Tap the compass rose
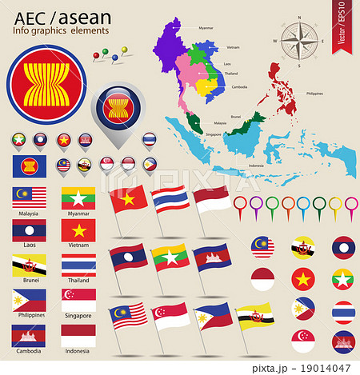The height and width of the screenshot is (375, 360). [x=296, y=38]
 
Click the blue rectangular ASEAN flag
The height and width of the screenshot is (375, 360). [x=28, y=166]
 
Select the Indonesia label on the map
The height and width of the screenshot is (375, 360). [x=256, y=166]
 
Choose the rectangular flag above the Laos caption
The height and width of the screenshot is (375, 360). [x=28, y=231]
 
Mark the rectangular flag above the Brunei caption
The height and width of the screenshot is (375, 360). [x=28, y=265]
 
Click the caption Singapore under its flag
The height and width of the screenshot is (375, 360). [x=78, y=316]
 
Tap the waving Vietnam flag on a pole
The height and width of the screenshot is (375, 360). [x=129, y=198]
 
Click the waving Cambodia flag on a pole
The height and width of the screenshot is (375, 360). [x=214, y=256]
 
